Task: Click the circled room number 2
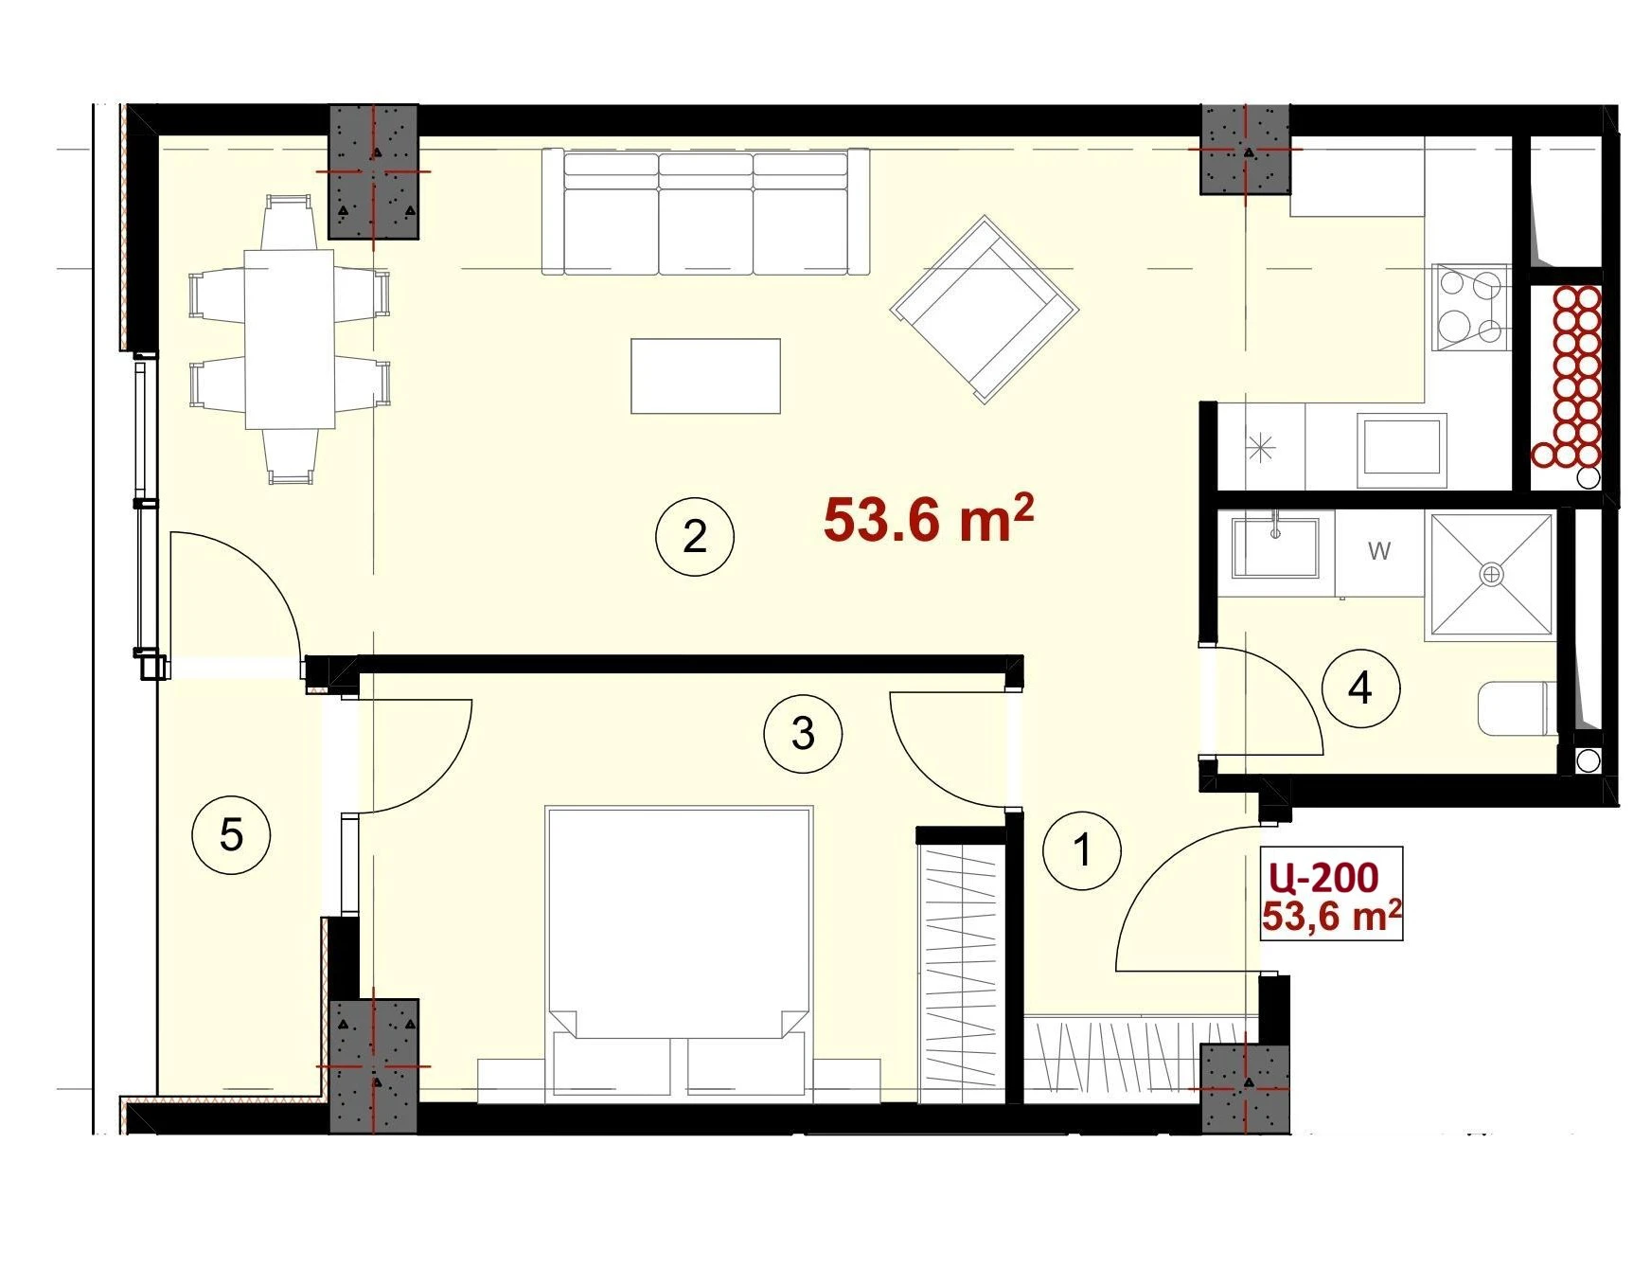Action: [695, 537]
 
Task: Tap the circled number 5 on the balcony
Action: [231, 835]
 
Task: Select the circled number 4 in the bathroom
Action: [1360, 688]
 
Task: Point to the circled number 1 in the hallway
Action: [1082, 849]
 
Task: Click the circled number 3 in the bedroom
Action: [803, 733]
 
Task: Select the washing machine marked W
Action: [1379, 553]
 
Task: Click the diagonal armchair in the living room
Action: [985, 310]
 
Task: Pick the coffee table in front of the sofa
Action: [706, 376]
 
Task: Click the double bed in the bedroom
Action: [679, 954]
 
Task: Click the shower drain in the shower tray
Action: [1492, 574]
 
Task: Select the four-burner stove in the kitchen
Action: [1470, 307]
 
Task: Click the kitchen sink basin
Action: [1402, 450]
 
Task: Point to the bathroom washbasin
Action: [1275, 547]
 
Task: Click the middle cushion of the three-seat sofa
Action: [705, 212]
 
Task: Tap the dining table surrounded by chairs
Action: [290, 339]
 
